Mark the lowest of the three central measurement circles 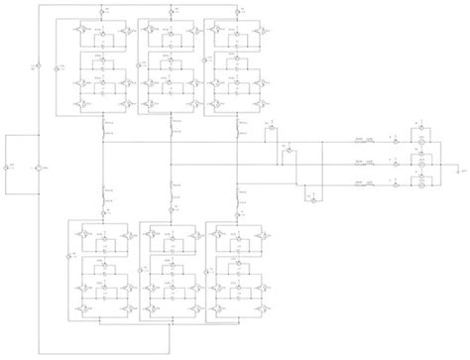(x=311, y=199)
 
